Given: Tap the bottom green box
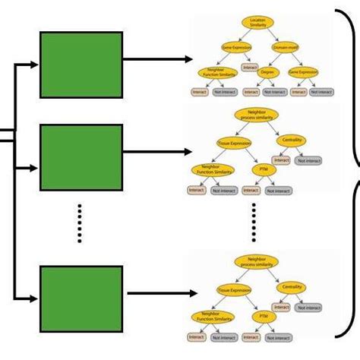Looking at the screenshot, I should (81, 298).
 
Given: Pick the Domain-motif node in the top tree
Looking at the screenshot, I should (286, 47).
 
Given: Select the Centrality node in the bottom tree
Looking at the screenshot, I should (292, 287).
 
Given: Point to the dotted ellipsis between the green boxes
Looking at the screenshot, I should (80, 226).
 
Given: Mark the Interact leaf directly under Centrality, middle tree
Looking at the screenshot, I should (281, 159).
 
